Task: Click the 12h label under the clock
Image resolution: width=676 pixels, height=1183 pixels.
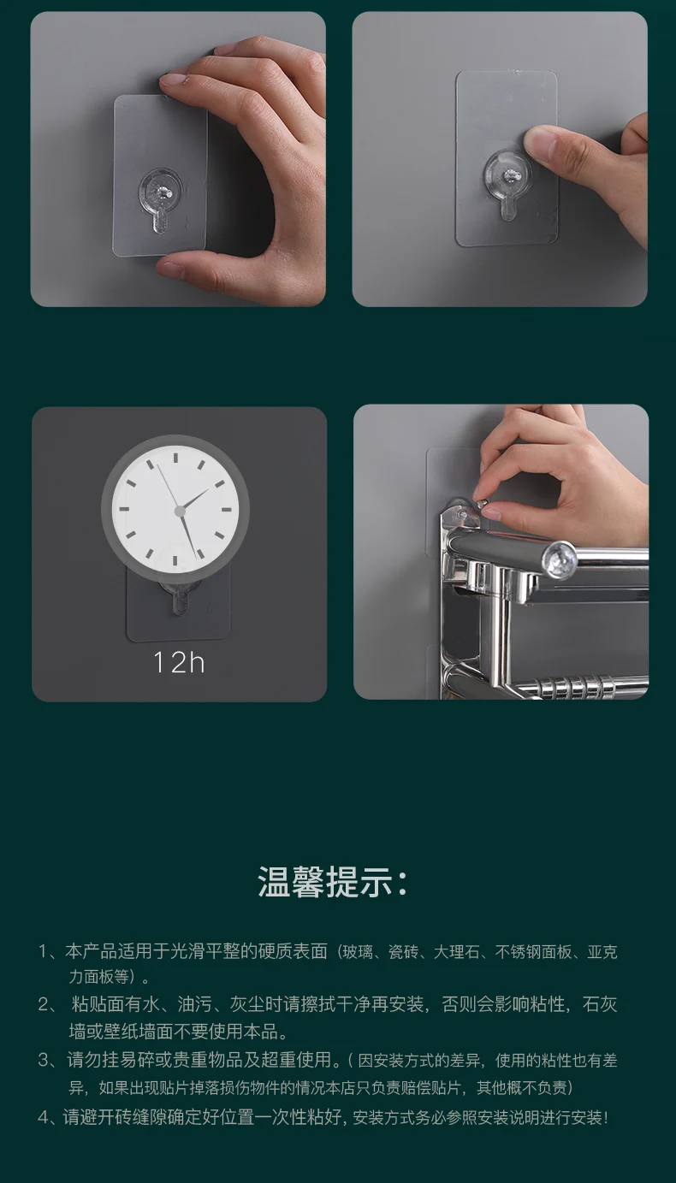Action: pyautogui.click(x=179, y=662)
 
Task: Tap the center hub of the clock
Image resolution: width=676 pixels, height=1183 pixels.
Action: pyautogui.click(x=180, y=511)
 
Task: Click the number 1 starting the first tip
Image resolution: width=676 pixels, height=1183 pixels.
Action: pyautogui.click(x=44, y=952)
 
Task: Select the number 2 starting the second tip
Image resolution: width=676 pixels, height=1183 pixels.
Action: pyautogui.click(x=44, y=1005)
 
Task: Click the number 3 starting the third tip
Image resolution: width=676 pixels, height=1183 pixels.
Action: pyautogui.click(x=44, y=1061)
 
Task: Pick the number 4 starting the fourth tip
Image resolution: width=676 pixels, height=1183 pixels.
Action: pyautogui.click(x=43, y=1117)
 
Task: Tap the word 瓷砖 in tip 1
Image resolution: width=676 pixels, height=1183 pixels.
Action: pyautogui.click(x=401, y=952)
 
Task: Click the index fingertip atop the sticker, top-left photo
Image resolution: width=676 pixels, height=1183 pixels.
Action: pyautogui.click(x=176, y=80)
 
